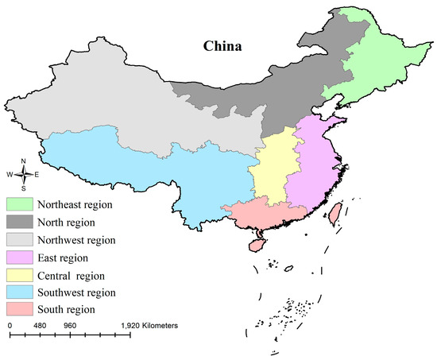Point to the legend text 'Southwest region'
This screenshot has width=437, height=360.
click(85, 292)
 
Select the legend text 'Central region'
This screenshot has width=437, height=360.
click(80, 275)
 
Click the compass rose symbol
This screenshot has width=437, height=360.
click(24, 174)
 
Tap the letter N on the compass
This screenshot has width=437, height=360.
click(24, 161)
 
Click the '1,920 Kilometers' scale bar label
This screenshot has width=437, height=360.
click(150, 326)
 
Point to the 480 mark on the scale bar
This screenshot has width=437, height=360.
click(40, 326)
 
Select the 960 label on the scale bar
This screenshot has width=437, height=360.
click(70, 326)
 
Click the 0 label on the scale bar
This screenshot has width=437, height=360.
click(10, 326)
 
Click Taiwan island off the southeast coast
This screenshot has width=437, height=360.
click(335, 212)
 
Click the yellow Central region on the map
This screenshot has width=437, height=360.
click(270, 171)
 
